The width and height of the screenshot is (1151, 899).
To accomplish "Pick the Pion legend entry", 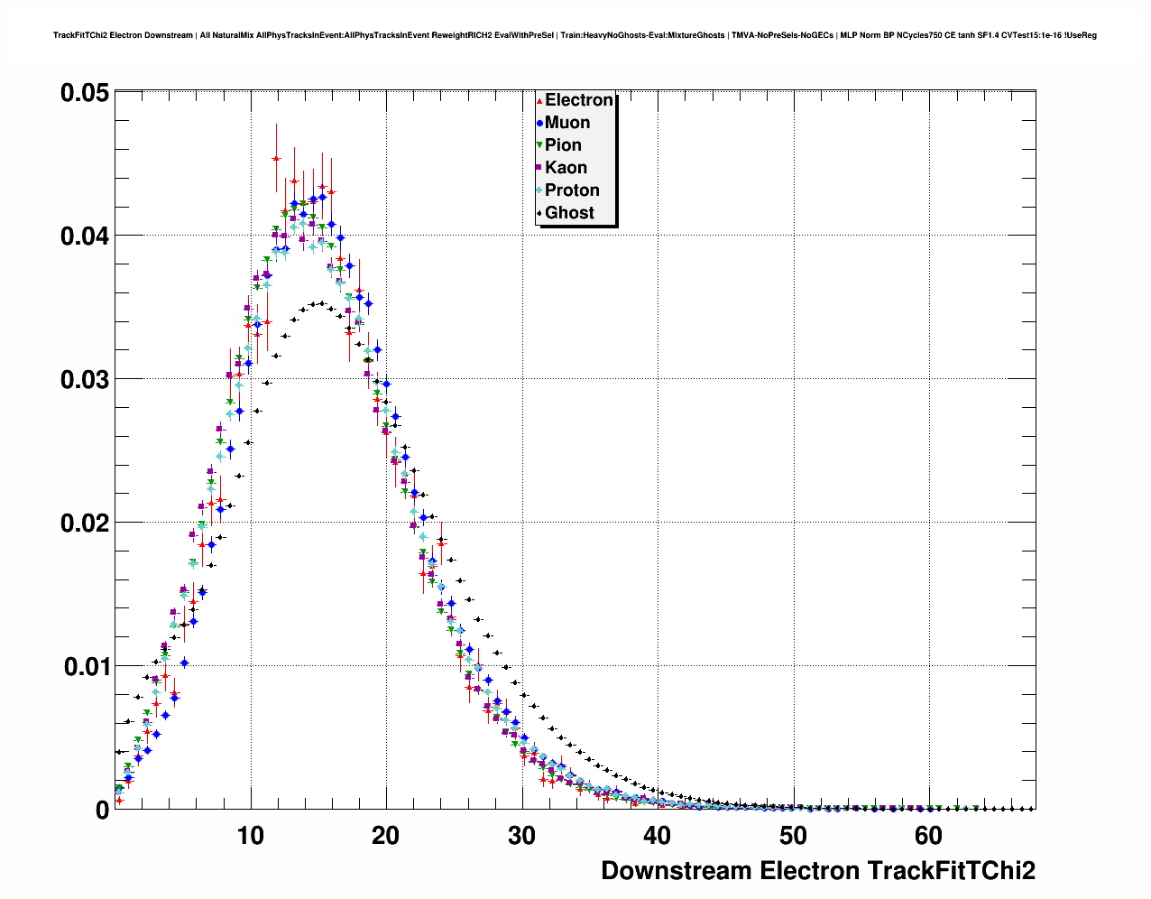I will [563, 145].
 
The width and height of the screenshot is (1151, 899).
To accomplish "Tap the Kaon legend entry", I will [566, 168].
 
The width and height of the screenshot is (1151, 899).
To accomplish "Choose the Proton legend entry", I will [572, 190].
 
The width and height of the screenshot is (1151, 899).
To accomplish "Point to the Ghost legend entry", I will [569, 213].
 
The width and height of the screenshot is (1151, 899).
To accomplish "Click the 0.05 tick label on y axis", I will [85, 93].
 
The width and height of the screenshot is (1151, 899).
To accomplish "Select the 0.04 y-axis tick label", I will [85, 236].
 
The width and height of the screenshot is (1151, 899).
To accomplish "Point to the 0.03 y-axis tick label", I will [85, 380].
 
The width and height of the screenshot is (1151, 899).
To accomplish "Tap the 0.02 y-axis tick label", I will [85, 524].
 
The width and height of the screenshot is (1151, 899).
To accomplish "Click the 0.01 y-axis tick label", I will [85, 667].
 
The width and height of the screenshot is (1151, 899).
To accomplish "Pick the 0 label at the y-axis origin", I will [102, 810].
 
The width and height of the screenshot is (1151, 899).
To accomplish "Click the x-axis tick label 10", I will [251, 836].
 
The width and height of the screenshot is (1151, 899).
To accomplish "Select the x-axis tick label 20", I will [386, 836].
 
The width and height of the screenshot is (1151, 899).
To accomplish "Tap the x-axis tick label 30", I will [521, 836].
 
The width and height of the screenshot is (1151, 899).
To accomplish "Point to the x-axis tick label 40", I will [658, 836].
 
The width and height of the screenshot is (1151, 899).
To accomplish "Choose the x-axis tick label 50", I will [793, 836].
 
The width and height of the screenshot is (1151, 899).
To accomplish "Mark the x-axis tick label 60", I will [928, 836].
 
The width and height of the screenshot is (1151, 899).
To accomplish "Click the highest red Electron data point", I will [276, 159].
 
